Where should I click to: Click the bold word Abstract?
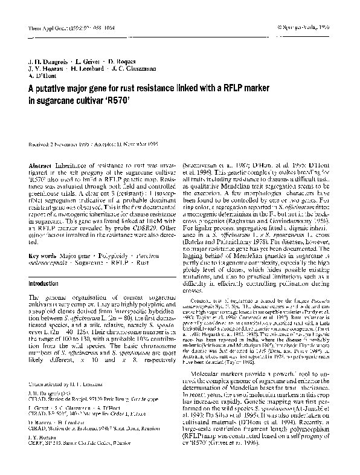[x=40, y=166]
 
